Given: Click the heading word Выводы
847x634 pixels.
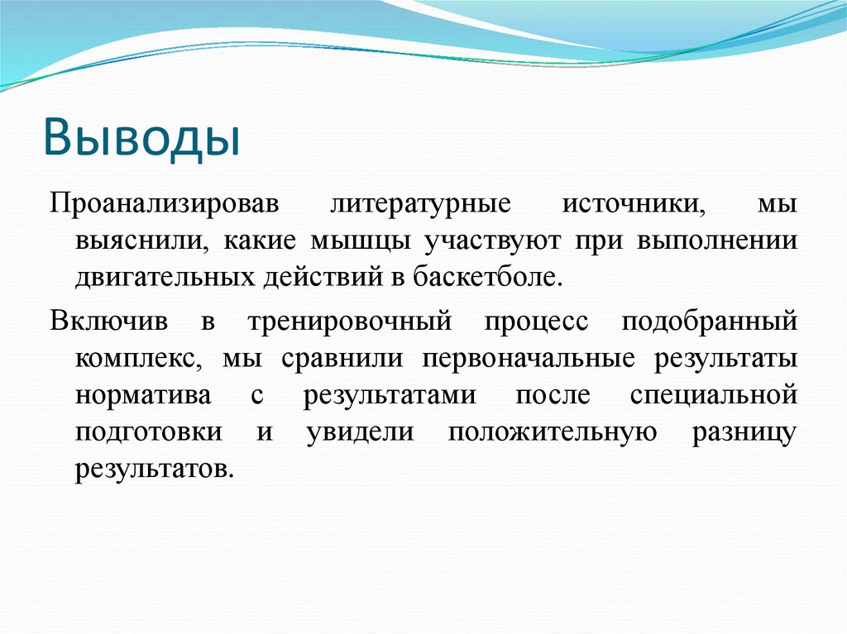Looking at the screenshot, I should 142,137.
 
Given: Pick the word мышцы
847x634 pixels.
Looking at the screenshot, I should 361,241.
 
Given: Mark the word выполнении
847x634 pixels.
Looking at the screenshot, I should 717,241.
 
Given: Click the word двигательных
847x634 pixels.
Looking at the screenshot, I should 165,277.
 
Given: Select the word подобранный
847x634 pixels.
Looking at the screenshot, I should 710,322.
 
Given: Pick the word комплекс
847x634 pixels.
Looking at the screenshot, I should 139,359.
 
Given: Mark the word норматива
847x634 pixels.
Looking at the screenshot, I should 142,395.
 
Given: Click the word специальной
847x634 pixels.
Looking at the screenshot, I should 714,395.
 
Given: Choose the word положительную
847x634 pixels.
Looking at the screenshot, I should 552,432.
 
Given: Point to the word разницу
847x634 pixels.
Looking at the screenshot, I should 744,432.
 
